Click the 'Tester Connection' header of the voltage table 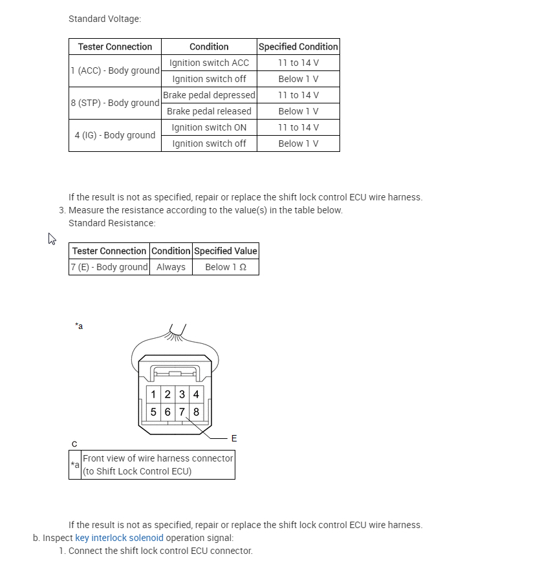(x=115, y=47)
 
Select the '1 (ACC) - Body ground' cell (x=115, y=70)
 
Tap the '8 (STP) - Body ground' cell (x=115, y=103)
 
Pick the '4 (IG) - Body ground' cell (x=115, y=135)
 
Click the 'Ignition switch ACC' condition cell (x=209, y=63)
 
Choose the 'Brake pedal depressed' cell (x=209, y=95)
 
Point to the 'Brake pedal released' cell (x=209, y=111)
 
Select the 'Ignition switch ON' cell (x=209, y=127)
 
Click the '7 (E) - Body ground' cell (x=109, y=267)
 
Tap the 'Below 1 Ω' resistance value (x=226, y=267)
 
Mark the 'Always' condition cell (x=171, y=267)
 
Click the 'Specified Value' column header (x=226, y=251)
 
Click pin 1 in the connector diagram (x=153, y=394)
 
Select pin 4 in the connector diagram (x=196, y=394)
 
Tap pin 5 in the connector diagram (x=153, y=412)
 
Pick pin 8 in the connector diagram (x=196, y=412)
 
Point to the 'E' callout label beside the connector (x=234, y=438)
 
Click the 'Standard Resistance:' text (x=112, y=223)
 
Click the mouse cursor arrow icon (x=52, y=239)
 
